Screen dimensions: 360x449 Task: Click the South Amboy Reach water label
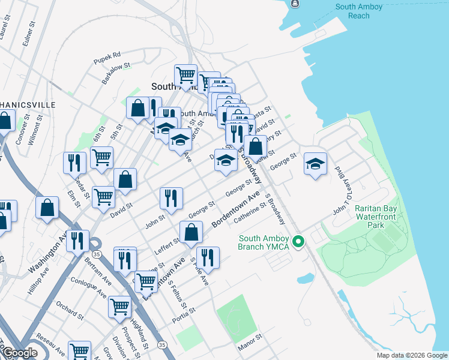360,11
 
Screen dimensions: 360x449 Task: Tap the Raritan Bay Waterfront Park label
376,216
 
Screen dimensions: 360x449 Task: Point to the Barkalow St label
116,74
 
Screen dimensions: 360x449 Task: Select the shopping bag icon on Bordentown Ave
191,232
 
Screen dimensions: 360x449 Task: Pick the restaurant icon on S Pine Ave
208,258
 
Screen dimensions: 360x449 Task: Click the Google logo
20,353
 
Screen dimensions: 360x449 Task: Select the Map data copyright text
412,355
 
